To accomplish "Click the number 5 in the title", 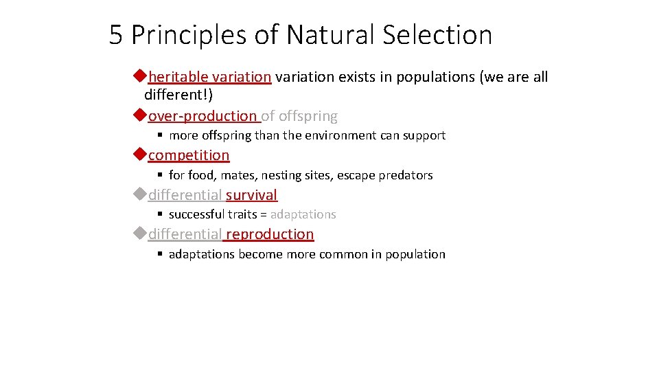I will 117,34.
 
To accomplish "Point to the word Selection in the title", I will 440,34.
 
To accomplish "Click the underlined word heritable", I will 178,77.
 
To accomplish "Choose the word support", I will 424,136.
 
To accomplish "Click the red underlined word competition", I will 189,155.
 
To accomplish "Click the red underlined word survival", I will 251,195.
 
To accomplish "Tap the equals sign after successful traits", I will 263,214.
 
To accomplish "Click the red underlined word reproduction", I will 270,234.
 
